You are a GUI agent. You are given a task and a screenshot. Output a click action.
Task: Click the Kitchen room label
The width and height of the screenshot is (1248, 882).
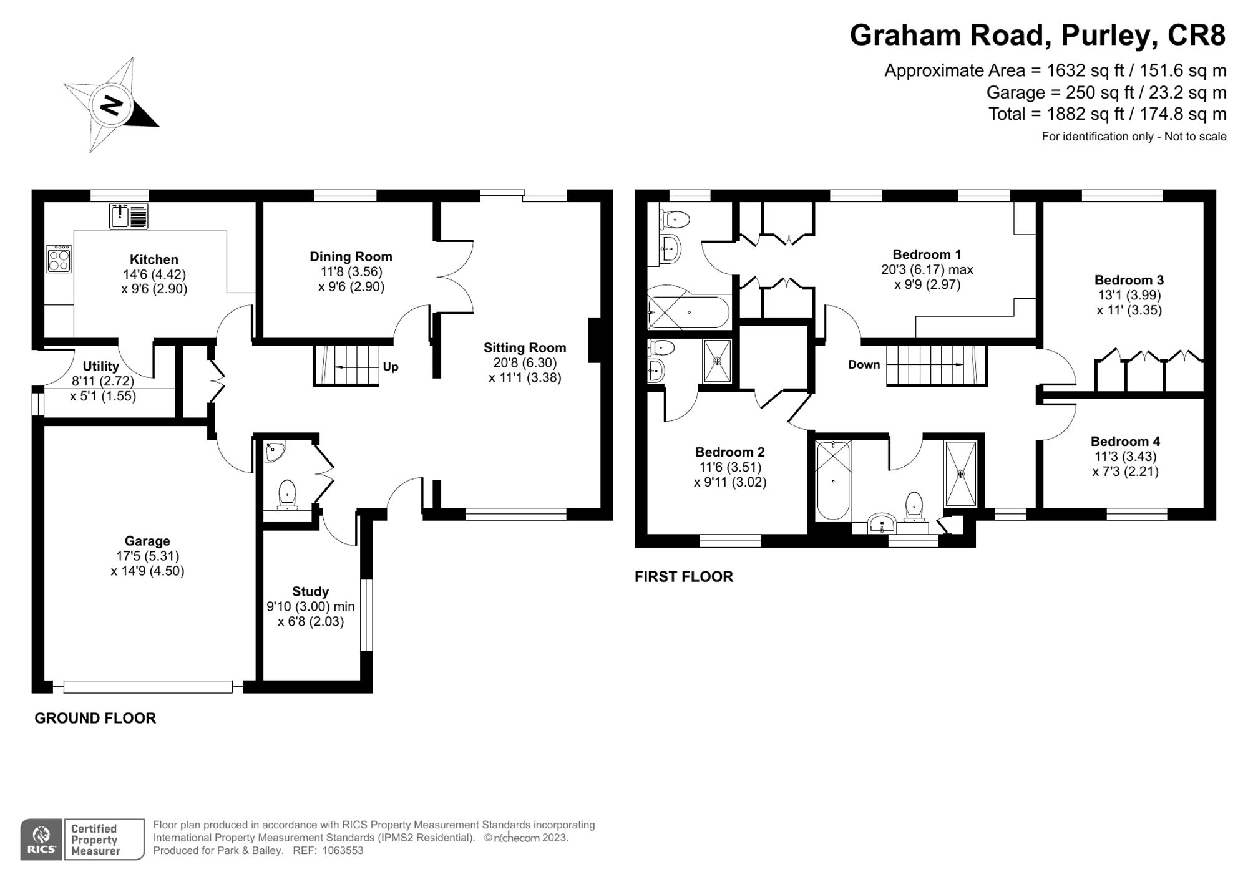[154, 259]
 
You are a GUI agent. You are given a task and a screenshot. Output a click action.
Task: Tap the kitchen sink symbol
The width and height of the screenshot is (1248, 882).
[129, 216]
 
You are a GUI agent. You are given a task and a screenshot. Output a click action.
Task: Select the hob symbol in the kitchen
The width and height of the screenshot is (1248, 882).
[59, 259]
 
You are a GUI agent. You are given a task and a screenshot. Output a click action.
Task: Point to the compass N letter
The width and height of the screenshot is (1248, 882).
[112, 105]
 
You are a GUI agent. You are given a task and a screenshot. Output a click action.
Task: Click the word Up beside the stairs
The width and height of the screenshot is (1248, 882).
[391, 367]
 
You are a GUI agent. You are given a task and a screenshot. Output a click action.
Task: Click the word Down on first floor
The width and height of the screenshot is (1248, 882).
[864, 365]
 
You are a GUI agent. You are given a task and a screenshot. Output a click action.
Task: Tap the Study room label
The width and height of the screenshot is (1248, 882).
[310, 591]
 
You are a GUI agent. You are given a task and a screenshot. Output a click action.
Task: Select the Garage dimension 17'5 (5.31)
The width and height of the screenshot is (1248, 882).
[147, 556]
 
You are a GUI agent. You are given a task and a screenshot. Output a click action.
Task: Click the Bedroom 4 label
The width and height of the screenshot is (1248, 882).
[1126, 442]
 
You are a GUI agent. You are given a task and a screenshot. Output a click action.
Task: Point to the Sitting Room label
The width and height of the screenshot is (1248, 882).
[525, 348]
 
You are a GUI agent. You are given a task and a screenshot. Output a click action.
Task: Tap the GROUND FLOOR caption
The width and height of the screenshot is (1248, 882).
[95, 718]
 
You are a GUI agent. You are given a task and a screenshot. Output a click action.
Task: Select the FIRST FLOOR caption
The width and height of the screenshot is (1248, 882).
[683, 577]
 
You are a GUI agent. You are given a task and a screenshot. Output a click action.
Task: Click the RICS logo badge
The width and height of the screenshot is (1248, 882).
[41, 840]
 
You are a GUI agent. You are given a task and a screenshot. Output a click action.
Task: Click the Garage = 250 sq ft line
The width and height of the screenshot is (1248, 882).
[1106, 93]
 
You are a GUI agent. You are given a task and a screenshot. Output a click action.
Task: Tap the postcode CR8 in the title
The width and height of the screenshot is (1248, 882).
[1196, 36]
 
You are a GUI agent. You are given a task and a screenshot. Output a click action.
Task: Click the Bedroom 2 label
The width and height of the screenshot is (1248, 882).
[729, 452]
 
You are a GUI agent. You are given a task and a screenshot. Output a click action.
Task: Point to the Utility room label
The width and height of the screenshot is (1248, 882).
[100, 366]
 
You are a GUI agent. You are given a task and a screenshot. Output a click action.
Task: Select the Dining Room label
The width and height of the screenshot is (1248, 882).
[351, 257]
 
